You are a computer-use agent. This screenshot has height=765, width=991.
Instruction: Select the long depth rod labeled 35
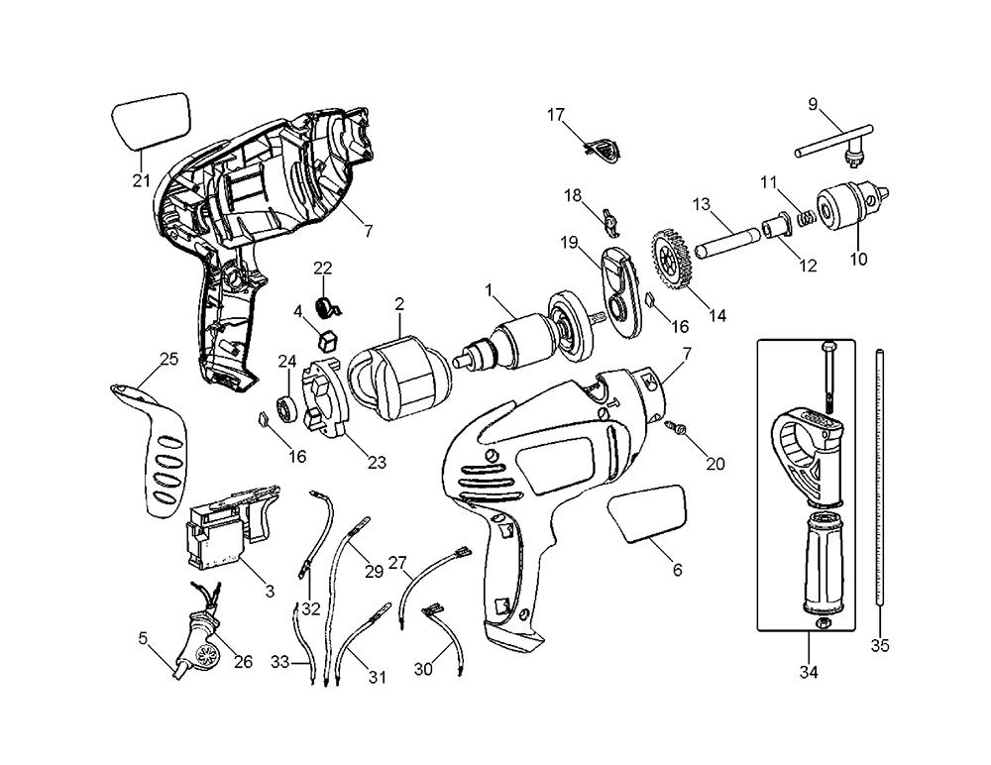coord(879,476)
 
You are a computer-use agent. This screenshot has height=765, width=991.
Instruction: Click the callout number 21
coord(141,180)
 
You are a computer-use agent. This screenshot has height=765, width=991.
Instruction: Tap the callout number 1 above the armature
coord(488,289)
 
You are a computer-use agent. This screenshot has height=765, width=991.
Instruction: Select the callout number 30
coord(423,669)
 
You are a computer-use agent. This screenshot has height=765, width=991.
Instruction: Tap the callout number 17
coord(556,115)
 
